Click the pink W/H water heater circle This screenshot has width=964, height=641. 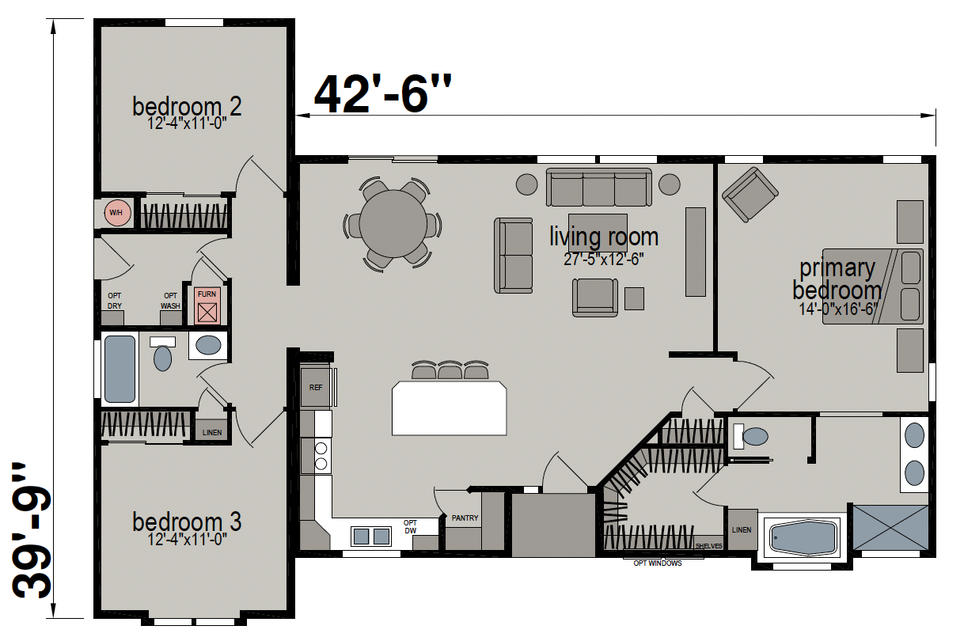coord(117,213)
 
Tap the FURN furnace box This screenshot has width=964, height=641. coord(207,305)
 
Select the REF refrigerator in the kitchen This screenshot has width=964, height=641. coord(316,387)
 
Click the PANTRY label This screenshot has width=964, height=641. coord(465,518)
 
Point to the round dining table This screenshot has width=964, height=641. coord(393,224)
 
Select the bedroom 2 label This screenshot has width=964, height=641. coord(187,106)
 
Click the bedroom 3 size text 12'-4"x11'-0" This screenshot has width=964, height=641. coord(188,539)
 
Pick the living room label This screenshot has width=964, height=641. coord(604,236)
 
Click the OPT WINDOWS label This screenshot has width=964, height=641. coord(658,563)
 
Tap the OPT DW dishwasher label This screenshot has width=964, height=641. coord(410,526)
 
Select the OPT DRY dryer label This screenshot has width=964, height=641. coord(115,301)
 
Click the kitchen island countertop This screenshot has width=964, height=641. coord(450,408)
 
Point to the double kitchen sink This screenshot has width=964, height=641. coord(371,536)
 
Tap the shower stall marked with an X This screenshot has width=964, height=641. coord(890,527)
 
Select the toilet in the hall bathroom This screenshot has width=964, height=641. coord(162,354)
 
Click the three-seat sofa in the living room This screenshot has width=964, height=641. coord(598,187)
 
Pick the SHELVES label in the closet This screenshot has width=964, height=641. coord(709,546)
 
